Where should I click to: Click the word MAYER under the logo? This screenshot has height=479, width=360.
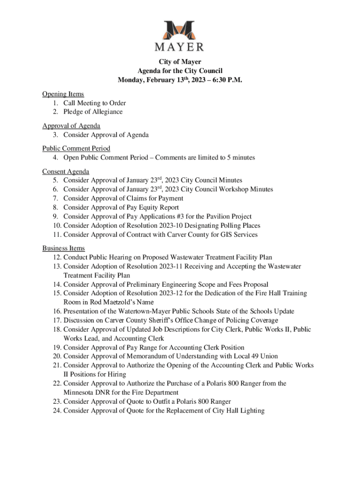point(180,47)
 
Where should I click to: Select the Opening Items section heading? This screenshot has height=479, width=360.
point(63,94)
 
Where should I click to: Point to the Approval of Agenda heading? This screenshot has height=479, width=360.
point(71,126)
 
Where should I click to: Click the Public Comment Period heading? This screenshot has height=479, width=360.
point(76,148)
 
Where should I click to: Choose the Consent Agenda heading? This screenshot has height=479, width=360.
point(66,171)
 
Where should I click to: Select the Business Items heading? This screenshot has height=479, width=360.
point(64,248)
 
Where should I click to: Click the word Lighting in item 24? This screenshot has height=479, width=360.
point(252,411)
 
